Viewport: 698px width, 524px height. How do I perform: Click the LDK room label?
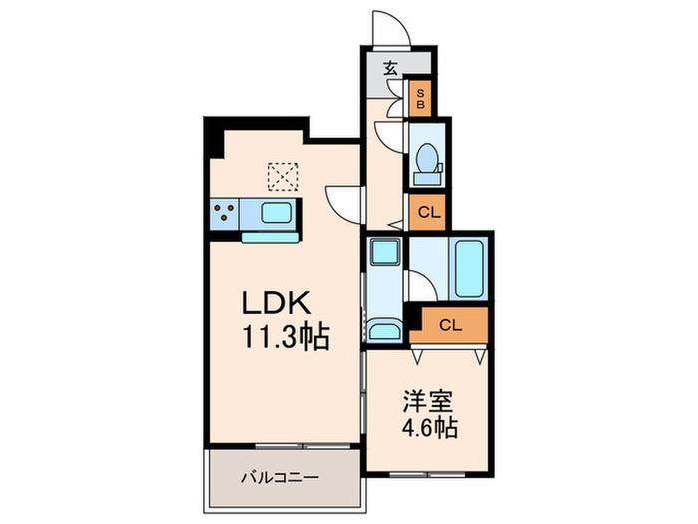point(279,303)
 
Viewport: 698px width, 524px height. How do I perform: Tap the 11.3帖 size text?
point(283,336)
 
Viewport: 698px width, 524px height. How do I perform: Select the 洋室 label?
point(428,402)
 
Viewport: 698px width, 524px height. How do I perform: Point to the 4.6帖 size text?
point(429,429)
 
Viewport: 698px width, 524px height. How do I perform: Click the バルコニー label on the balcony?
point(279,478)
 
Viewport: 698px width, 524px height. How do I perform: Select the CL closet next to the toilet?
point(427,211)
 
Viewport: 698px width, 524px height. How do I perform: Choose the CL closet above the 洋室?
point(451,324)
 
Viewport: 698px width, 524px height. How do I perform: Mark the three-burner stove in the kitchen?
point(224,213)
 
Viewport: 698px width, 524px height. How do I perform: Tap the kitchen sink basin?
point(277,213)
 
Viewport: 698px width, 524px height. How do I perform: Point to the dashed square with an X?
point(283,177)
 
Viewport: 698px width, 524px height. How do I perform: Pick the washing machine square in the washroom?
point(383,252)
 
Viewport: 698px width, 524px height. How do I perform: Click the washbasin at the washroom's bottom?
point(383,330)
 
